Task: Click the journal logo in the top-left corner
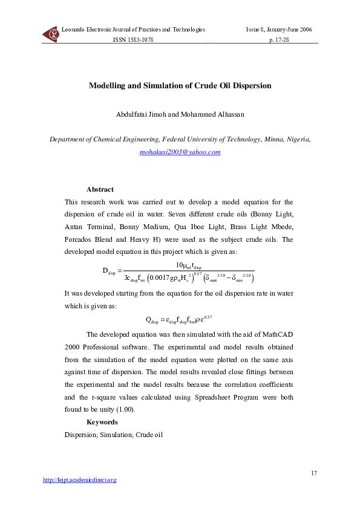click(50, 34)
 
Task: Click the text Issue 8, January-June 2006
click(278, 29)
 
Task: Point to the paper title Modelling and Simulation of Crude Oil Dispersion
click(180, 86)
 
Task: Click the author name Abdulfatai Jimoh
click(140, 114)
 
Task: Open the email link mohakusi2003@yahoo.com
click(180, 152)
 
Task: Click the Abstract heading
click(100, 189)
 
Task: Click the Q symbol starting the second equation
click(149, 319)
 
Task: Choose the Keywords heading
click(102, 422)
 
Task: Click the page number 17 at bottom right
click(313, 472)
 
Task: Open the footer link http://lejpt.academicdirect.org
click(79, 480)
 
